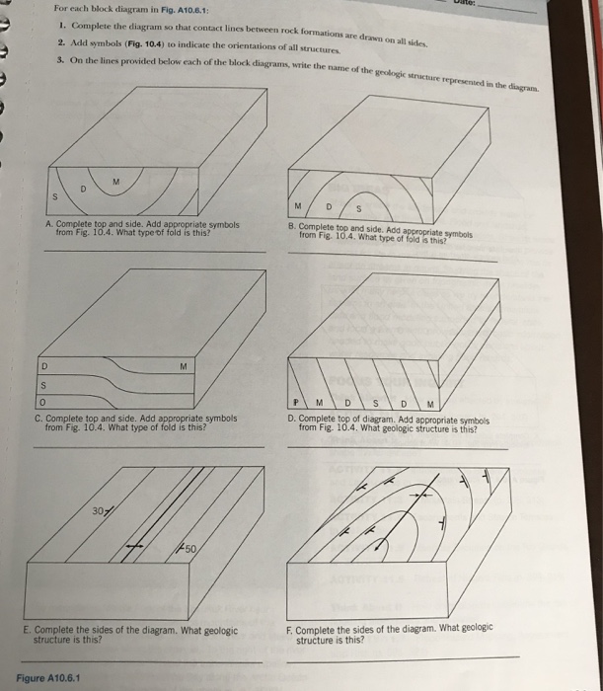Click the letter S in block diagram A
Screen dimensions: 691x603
click(57, 196)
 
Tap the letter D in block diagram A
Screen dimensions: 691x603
click(84, 188)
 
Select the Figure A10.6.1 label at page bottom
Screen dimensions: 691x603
click(48, 677)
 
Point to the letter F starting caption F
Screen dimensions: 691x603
click(288, 629)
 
